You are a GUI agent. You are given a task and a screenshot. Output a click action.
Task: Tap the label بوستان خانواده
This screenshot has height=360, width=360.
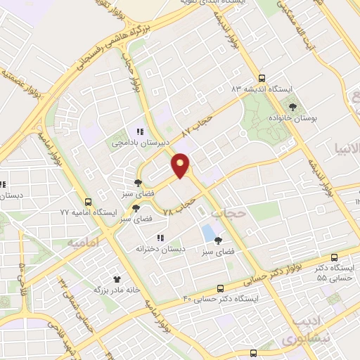click(292, 118)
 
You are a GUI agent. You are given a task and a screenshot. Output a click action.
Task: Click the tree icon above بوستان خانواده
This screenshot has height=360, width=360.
click(292, 107)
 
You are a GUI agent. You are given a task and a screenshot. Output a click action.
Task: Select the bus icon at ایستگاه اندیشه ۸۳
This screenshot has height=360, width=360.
click(262, 79)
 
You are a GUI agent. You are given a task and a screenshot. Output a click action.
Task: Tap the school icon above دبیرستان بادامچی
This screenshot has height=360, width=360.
click(140, 131)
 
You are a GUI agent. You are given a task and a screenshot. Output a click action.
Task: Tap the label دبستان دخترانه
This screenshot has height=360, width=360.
click(161, 249)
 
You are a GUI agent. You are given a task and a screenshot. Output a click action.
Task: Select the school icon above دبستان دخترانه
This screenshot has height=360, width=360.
click(161, 238)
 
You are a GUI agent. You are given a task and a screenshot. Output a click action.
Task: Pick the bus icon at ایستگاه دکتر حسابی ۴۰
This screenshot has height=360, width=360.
click(221, 288)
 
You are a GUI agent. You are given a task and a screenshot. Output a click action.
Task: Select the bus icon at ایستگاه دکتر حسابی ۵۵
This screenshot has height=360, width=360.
click(333, 257)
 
